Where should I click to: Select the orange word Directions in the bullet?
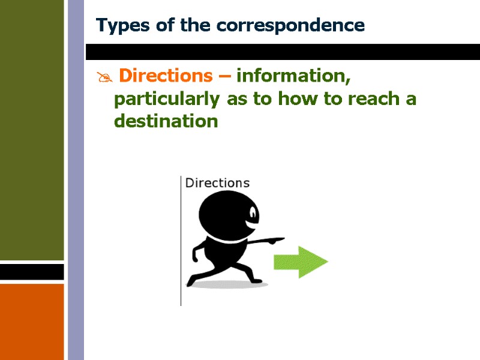166,76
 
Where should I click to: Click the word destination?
166,122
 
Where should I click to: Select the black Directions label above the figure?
217,183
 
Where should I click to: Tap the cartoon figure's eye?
254,213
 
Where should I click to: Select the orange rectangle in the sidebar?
32,321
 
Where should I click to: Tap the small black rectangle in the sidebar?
32,272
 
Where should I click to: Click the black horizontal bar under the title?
282,52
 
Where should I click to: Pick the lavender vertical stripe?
76,180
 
